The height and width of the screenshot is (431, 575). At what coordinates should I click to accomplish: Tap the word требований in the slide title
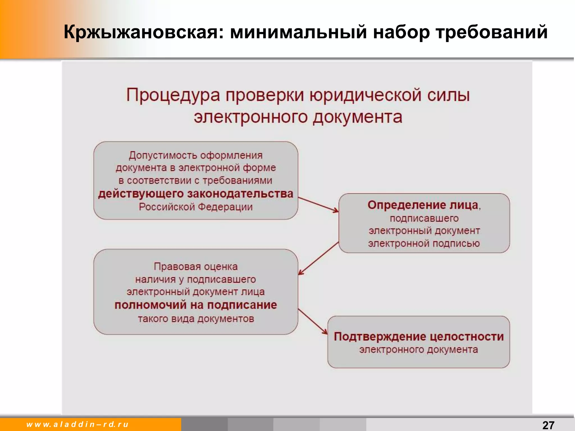point(491,32)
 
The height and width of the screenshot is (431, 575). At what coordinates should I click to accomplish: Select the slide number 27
point(548,425)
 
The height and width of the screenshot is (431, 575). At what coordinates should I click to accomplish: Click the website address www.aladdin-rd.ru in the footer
point(77,424)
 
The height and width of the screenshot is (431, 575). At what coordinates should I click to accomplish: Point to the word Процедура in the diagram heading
point(173,95)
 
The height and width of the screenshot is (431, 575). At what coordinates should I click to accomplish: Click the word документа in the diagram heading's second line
point(357,117)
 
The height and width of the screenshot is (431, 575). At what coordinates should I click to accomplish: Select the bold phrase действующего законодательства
point(196,194)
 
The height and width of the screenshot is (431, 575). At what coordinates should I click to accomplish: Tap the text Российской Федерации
point(196,207)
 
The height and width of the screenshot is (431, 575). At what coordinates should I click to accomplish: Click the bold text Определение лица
point(423,205)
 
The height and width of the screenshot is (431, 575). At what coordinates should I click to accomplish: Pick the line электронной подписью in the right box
point(424,243)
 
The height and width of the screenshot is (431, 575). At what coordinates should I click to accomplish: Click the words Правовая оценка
point(196,267)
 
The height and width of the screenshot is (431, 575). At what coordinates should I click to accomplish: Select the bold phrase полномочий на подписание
point(196,305)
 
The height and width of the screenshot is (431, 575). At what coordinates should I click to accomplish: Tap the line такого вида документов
point(196,319)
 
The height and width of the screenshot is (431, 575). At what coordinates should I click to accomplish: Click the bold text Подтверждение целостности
point(419,336)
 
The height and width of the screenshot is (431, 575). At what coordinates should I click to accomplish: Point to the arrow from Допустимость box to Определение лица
point(318,204)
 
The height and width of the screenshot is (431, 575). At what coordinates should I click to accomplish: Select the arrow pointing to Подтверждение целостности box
point(312,322)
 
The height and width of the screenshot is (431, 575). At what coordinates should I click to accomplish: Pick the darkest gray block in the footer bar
point(204,425)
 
